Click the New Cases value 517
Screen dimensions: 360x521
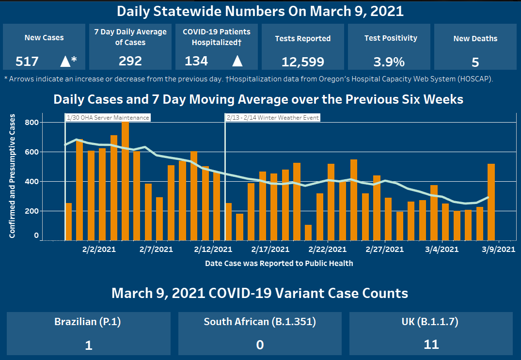click(x=27, y=62)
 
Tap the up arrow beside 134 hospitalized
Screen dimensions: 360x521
click(x=237, y=61)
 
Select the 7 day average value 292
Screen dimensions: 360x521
click(x=130, y=61)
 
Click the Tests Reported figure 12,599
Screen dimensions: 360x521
click(x=302, y=62)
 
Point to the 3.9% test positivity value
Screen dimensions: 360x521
click(x=389, y=62)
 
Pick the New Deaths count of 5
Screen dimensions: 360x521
click(x=475, y=62)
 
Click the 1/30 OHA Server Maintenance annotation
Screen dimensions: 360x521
click(x=108, y=117)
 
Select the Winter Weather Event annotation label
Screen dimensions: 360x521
click(x=273, y=117)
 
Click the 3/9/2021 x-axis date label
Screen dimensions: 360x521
click(x=497, y=250)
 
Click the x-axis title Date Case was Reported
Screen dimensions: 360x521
click(x=279, y=264)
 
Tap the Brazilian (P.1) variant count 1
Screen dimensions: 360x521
click(x=88, y=344)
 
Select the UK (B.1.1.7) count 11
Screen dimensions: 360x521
click(x=431, y=344)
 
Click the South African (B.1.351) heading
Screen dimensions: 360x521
click(x=260, y=322)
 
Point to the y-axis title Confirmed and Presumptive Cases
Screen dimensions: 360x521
click(x=12, y=176)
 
